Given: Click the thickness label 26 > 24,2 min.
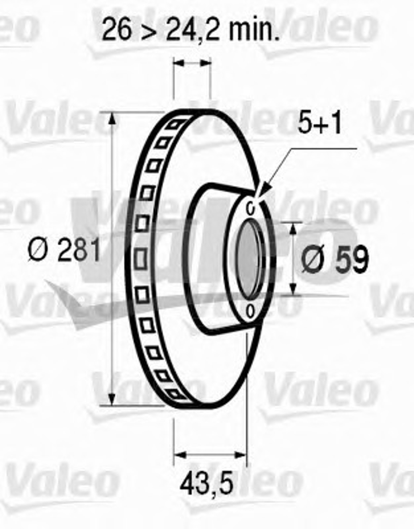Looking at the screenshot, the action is point(191,30).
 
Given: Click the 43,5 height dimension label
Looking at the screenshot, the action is point(206,473).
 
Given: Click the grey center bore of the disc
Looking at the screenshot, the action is point(249,259).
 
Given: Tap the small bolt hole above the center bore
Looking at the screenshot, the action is point(251,208).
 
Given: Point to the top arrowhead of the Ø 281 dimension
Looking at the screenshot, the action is point(112,120).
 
